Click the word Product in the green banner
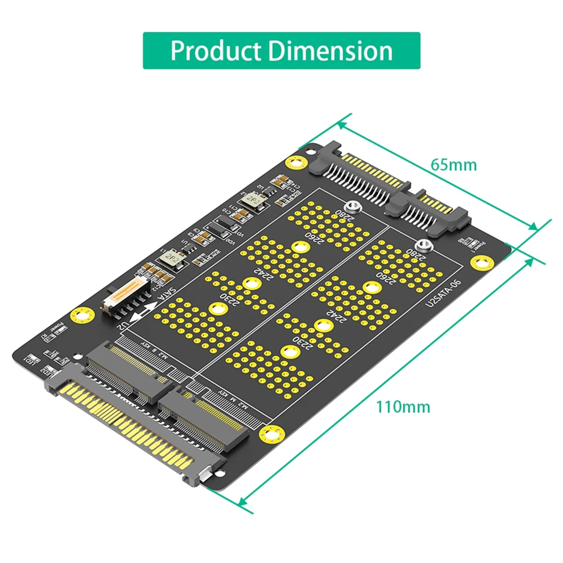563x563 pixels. click(216, 51)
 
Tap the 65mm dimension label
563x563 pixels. click(453, 165)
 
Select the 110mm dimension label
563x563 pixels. click(403, 406)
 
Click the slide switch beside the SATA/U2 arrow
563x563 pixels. click(125, 293)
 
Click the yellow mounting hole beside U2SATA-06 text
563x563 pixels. click(479, 264)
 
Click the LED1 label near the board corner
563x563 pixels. click(29, 359)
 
